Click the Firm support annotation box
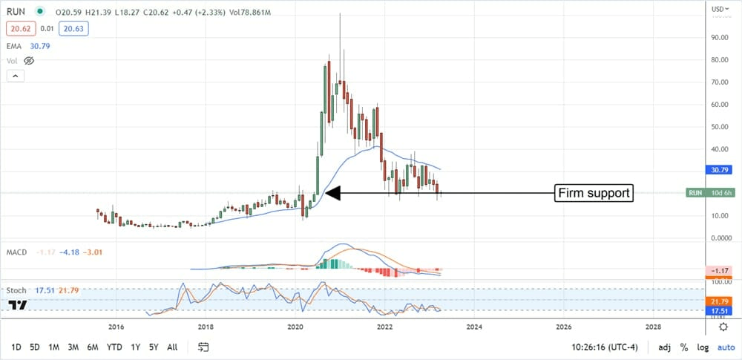coord(595,194)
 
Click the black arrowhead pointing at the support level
coord(333,194)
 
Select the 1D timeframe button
coord(16,347)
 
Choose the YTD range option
coord(114,347)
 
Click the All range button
coord(172,347)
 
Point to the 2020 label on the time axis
coord(295,326)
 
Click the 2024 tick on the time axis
coord(474,326)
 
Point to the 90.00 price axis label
coord(718,37)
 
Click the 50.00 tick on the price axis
coord(718,126)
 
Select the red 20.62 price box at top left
coord(19,27)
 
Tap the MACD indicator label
coord(17,252)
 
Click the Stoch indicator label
coord(17,290)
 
